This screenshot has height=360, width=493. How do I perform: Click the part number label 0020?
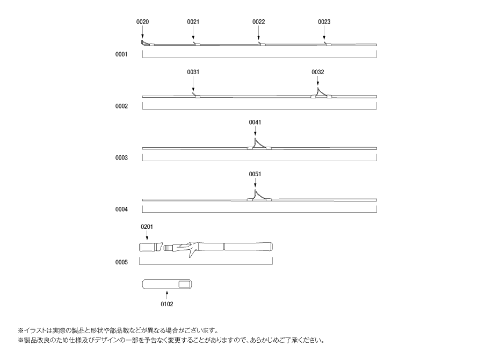tap(142, 21)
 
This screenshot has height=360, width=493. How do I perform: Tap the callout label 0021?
tap(193, 21)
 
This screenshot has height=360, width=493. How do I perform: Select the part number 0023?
tap(324, 21)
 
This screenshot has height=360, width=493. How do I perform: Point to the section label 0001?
tap(121, 54)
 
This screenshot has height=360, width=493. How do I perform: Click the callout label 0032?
tap(317, 72)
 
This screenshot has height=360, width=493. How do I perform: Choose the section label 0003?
tap(121, 157)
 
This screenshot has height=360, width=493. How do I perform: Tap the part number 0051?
tap(255, 174)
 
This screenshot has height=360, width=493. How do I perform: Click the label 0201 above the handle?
tap(147, 227)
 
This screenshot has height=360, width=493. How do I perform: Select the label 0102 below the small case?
tap(167, 304)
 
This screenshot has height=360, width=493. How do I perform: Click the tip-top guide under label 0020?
tap(144, 44)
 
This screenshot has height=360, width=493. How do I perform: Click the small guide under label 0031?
tap(197, 96)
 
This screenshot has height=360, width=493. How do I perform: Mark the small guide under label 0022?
tap(262, 44)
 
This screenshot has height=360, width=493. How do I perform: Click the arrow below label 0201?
tap(147, 235)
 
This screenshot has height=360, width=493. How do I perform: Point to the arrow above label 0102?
tap(167, 295)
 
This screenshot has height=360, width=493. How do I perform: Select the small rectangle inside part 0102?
tap(185, 284)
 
